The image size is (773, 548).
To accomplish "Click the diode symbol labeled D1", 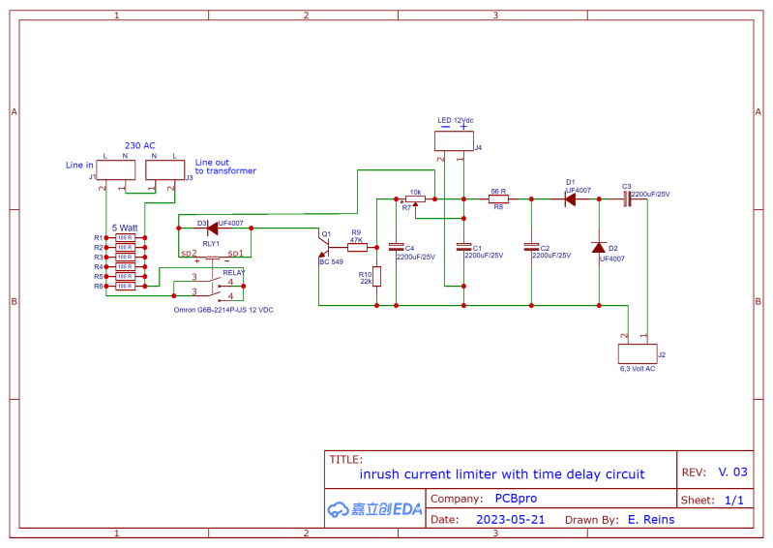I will point(571,198).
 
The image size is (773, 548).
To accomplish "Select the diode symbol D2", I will point(599,247).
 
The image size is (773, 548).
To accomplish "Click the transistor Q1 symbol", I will point(324,247).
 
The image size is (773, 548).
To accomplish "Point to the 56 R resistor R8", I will point(498,198).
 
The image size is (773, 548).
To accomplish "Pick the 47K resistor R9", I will point(357,247).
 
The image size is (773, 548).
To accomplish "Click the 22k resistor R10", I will point(376,276).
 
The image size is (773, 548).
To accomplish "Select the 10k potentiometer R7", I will point(414,199).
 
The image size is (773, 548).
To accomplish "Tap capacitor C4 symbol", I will point(395,247).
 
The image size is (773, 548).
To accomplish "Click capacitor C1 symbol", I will point(463,247).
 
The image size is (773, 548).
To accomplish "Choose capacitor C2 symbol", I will point(530,247).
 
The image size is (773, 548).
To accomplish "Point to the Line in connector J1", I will point(115,170).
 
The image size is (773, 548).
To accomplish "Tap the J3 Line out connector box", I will point(164,170).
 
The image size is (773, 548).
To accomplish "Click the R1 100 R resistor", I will point(125,237).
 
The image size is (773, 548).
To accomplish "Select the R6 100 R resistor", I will point(125,287).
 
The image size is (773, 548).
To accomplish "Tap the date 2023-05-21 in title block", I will point(510,519).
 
